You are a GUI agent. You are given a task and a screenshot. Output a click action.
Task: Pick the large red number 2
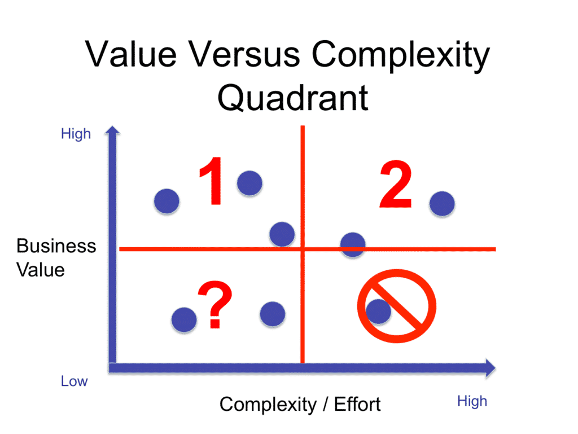click(395, 185)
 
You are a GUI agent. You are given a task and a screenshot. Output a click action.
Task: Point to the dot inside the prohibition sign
click(378, 310)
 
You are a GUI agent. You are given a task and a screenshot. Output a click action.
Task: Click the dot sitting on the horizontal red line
click(353, 244)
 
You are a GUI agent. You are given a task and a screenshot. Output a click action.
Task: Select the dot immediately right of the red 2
click(441, 204)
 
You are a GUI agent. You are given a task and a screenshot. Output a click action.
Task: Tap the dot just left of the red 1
click(167, 200)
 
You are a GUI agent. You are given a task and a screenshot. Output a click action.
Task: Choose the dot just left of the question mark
click(184, 319)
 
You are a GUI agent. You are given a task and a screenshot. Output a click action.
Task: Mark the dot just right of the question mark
click(273, 313)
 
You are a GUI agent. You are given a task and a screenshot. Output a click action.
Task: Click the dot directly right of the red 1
click(249, 182)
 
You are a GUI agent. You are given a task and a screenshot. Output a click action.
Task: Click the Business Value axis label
click(56, 257)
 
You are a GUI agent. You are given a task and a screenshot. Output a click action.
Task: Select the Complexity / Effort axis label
click(300, 404)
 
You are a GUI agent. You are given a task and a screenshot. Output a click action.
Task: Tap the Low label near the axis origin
click(74, 382)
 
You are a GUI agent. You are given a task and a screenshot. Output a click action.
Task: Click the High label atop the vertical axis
click(76, 134)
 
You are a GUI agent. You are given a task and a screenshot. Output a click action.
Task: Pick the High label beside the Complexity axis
click(472, 401)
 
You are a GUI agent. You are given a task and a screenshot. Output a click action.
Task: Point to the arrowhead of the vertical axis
click(113, 131)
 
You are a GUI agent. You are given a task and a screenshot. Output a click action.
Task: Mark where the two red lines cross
click(303, 249)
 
